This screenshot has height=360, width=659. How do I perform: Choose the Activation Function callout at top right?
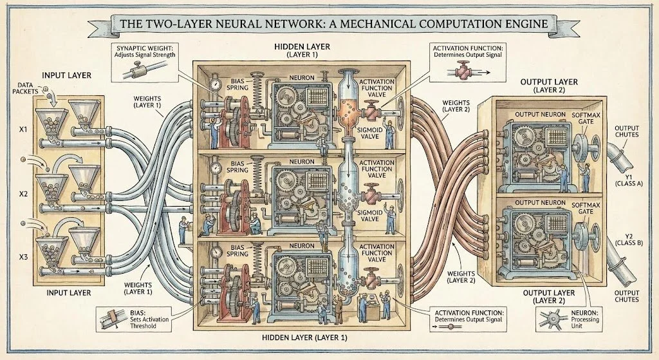(468, 62)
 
